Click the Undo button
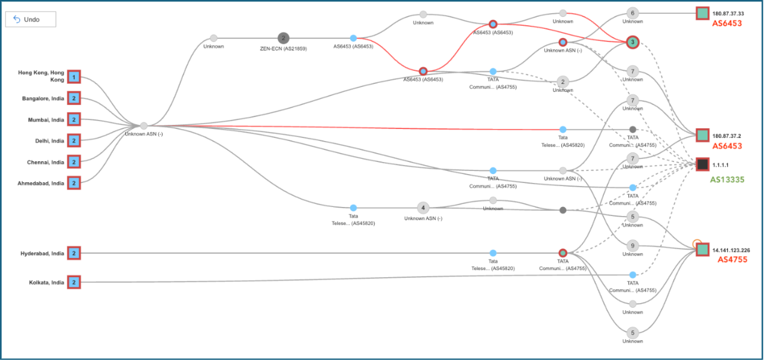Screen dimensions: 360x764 pos(31,19)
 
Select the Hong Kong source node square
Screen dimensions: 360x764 pos(73,77)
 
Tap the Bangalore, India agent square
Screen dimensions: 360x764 pos(73,98)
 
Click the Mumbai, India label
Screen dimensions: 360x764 pos(46,120)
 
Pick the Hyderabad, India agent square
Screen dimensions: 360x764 pos(73,253)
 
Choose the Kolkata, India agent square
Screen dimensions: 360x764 pos(73,282)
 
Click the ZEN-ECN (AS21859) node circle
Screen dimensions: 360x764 pos(284,38)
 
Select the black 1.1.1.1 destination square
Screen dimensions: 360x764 pos(702,164)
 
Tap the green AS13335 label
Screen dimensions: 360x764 pos(727,179)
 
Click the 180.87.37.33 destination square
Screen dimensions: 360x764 pos(702,13)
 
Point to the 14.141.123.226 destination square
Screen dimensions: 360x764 pos(702,250)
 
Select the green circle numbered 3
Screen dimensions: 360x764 pos(632,42)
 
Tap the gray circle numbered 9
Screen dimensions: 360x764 pos(632,245)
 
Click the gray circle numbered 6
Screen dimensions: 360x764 pos(632,13)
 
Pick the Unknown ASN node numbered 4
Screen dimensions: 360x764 pos(423,208)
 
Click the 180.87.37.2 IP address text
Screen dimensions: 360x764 pos(727,136)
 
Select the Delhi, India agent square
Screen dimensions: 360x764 pos(73,140)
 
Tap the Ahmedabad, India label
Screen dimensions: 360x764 pos(41,184)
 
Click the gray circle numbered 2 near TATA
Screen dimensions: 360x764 pos(562,82)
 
